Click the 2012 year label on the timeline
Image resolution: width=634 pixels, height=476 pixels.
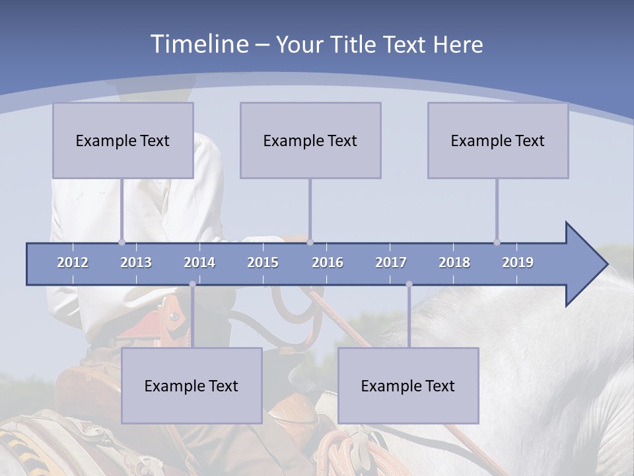click(x=73, y=262)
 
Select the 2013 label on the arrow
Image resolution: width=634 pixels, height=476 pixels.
click(x=136, y=262)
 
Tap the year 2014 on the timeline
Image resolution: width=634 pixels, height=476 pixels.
click(x=199, y=262)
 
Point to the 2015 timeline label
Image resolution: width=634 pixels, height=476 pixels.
click(x=263, y=262)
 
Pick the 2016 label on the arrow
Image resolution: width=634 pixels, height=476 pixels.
click(x=328, y=262)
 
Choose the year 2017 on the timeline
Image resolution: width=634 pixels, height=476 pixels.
click(x=391, y=262)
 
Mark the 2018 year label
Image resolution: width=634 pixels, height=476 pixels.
click(x=454, y=262)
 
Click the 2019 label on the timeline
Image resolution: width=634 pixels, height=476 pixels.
click(x=518, y=262)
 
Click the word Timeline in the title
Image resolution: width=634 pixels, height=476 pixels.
click(x=199, y=44)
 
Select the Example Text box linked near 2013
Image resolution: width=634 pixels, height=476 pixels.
click(x=123, y=140)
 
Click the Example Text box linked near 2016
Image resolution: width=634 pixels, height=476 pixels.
click(x=310, y=140)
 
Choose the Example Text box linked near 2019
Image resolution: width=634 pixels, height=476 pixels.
click(x=498, y=140)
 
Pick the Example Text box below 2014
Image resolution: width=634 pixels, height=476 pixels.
click(x=192, y=385)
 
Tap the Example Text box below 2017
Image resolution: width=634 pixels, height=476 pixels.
click(x=408, y=385)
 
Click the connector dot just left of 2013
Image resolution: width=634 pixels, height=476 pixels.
click(x=122, y=242)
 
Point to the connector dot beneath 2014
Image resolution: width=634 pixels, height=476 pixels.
click(x=192, y=284)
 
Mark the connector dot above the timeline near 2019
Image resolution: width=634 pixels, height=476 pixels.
click(x=497, y=242)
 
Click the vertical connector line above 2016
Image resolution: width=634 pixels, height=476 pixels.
click(x=310, y=208)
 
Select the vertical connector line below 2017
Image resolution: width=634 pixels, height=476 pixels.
click(x=409, y=317)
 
